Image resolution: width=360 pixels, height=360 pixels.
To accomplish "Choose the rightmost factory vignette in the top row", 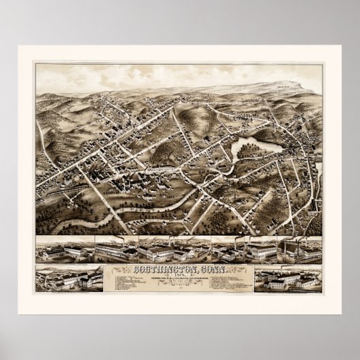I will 299,250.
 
